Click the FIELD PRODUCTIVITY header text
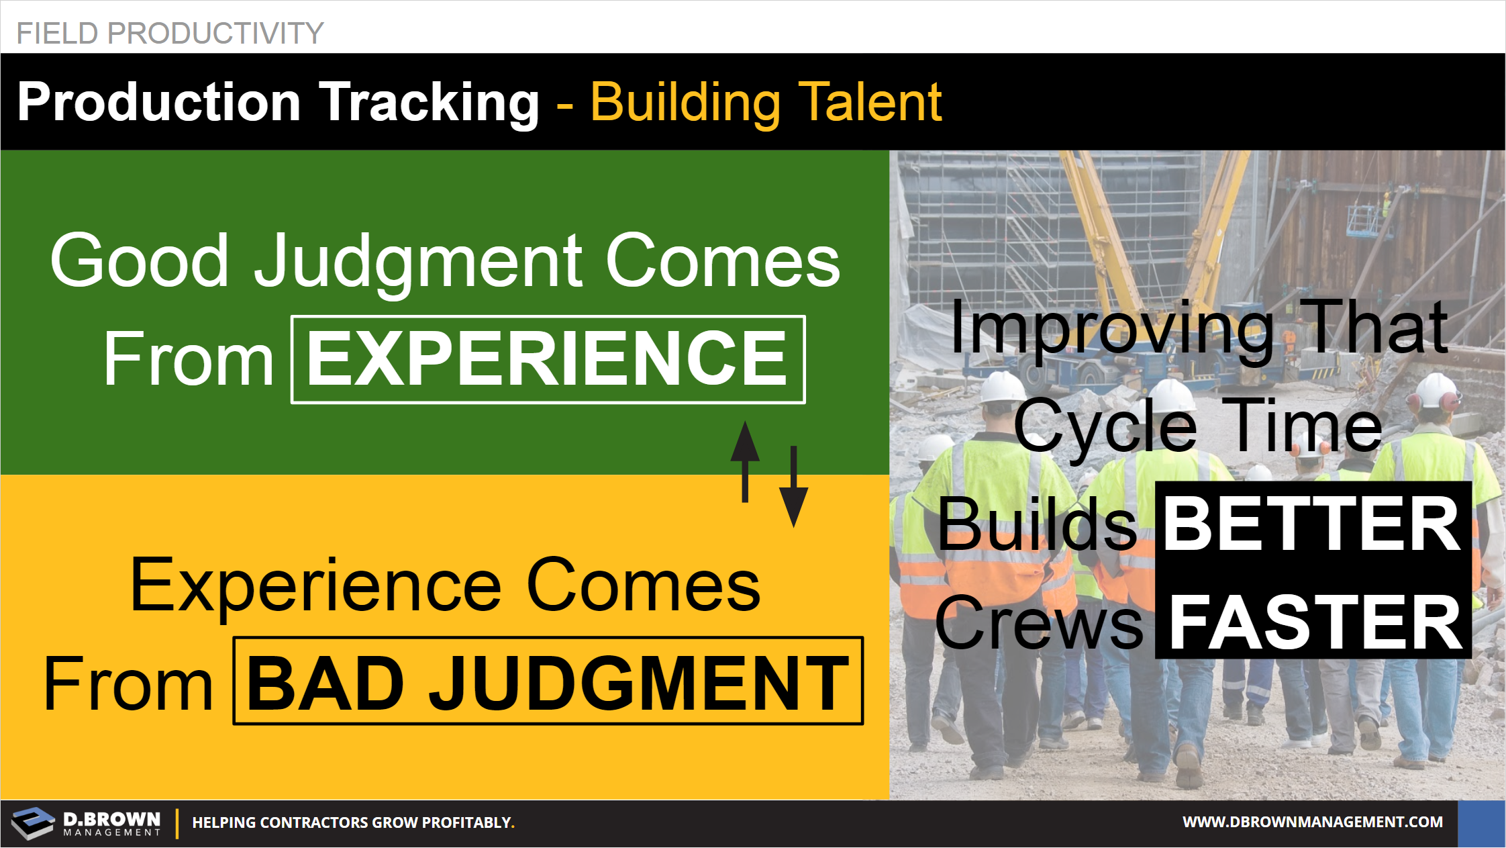click(170, 33)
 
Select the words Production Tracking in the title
click(278, 102)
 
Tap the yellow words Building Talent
click(766, 102)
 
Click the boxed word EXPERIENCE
click(548, 359)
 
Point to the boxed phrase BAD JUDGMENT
click(548, 681)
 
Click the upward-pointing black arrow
click(745, 461)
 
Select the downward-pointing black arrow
click(793, 487)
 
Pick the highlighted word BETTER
click(1312, 524)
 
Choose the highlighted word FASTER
click(1313, 623)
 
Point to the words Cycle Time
click(1198, 426)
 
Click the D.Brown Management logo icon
click(32, 823)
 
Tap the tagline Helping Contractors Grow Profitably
click(353, 822)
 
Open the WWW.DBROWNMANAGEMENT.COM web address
click(1313, 822)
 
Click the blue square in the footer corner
click(1482, 824)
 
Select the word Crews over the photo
click(1038, 623)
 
